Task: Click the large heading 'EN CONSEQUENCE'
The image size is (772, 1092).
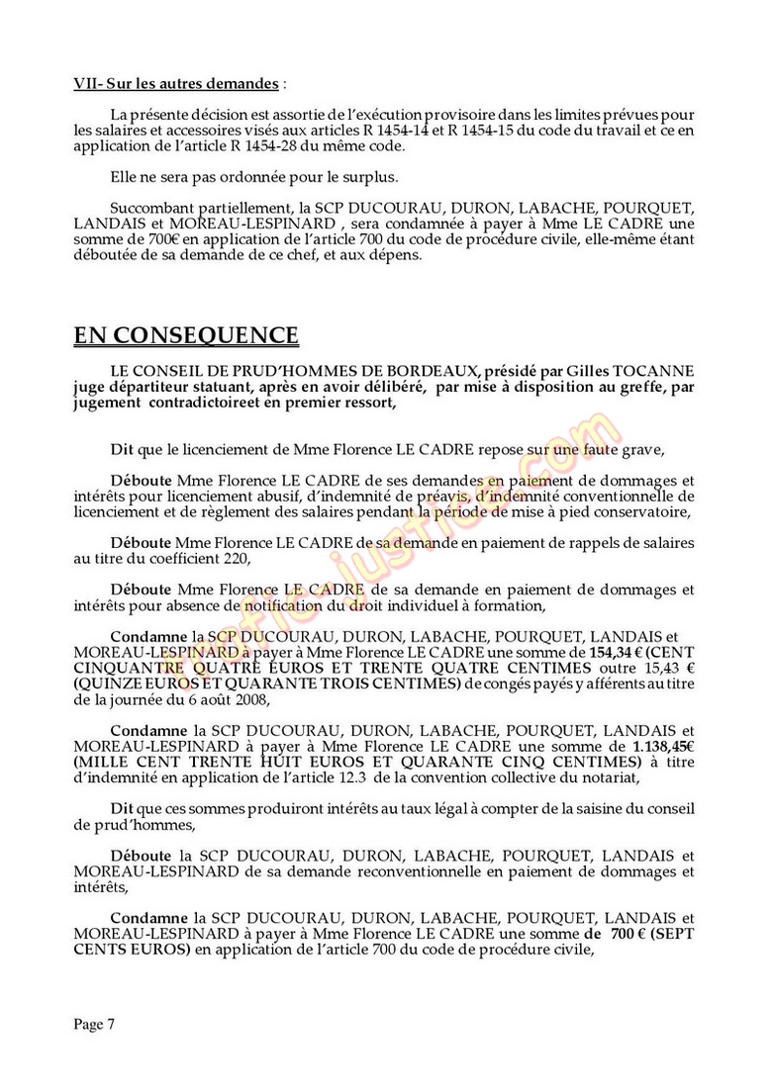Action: pos(186,335)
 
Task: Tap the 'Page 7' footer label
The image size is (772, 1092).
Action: pos(94,1025)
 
